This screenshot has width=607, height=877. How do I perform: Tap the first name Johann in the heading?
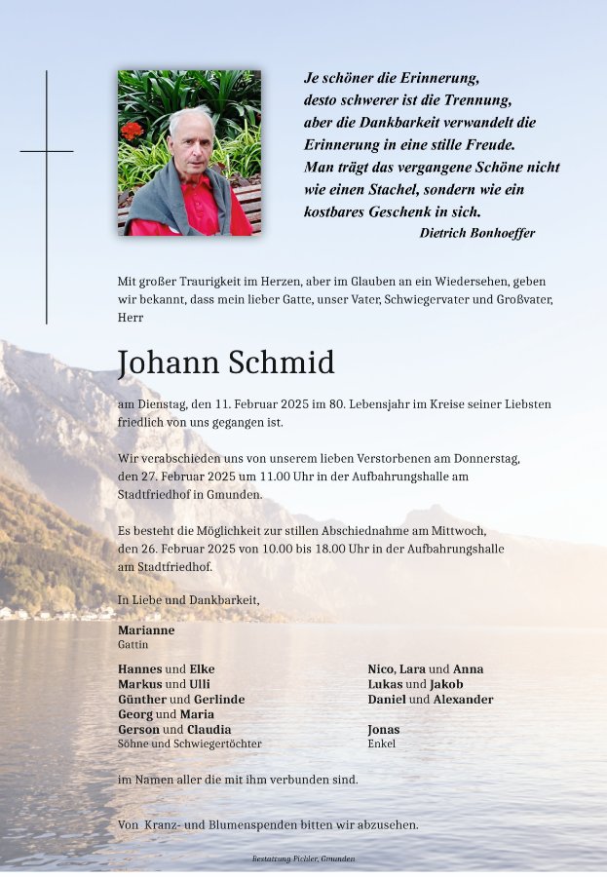tap(170, 363)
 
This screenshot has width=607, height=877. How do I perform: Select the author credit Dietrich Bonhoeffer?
tap(476, 233)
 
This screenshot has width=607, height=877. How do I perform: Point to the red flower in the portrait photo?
tap(132, 130)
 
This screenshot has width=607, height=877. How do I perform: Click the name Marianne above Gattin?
tap(146, 630)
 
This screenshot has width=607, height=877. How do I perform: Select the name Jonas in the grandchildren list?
tap(384, 730)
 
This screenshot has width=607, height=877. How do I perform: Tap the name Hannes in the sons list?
tap(139, 669)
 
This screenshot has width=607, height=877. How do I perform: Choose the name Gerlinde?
tap(220, 700)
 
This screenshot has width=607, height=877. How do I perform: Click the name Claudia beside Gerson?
tap(209, 730)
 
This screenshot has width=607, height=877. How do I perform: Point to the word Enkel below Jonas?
tap(382, 744)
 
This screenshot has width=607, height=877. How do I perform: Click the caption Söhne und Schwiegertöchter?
tap(189, 744)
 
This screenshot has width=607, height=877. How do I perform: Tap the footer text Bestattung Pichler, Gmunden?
tap(303, 859)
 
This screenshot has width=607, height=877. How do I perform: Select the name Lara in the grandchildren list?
tap(412, 669)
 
